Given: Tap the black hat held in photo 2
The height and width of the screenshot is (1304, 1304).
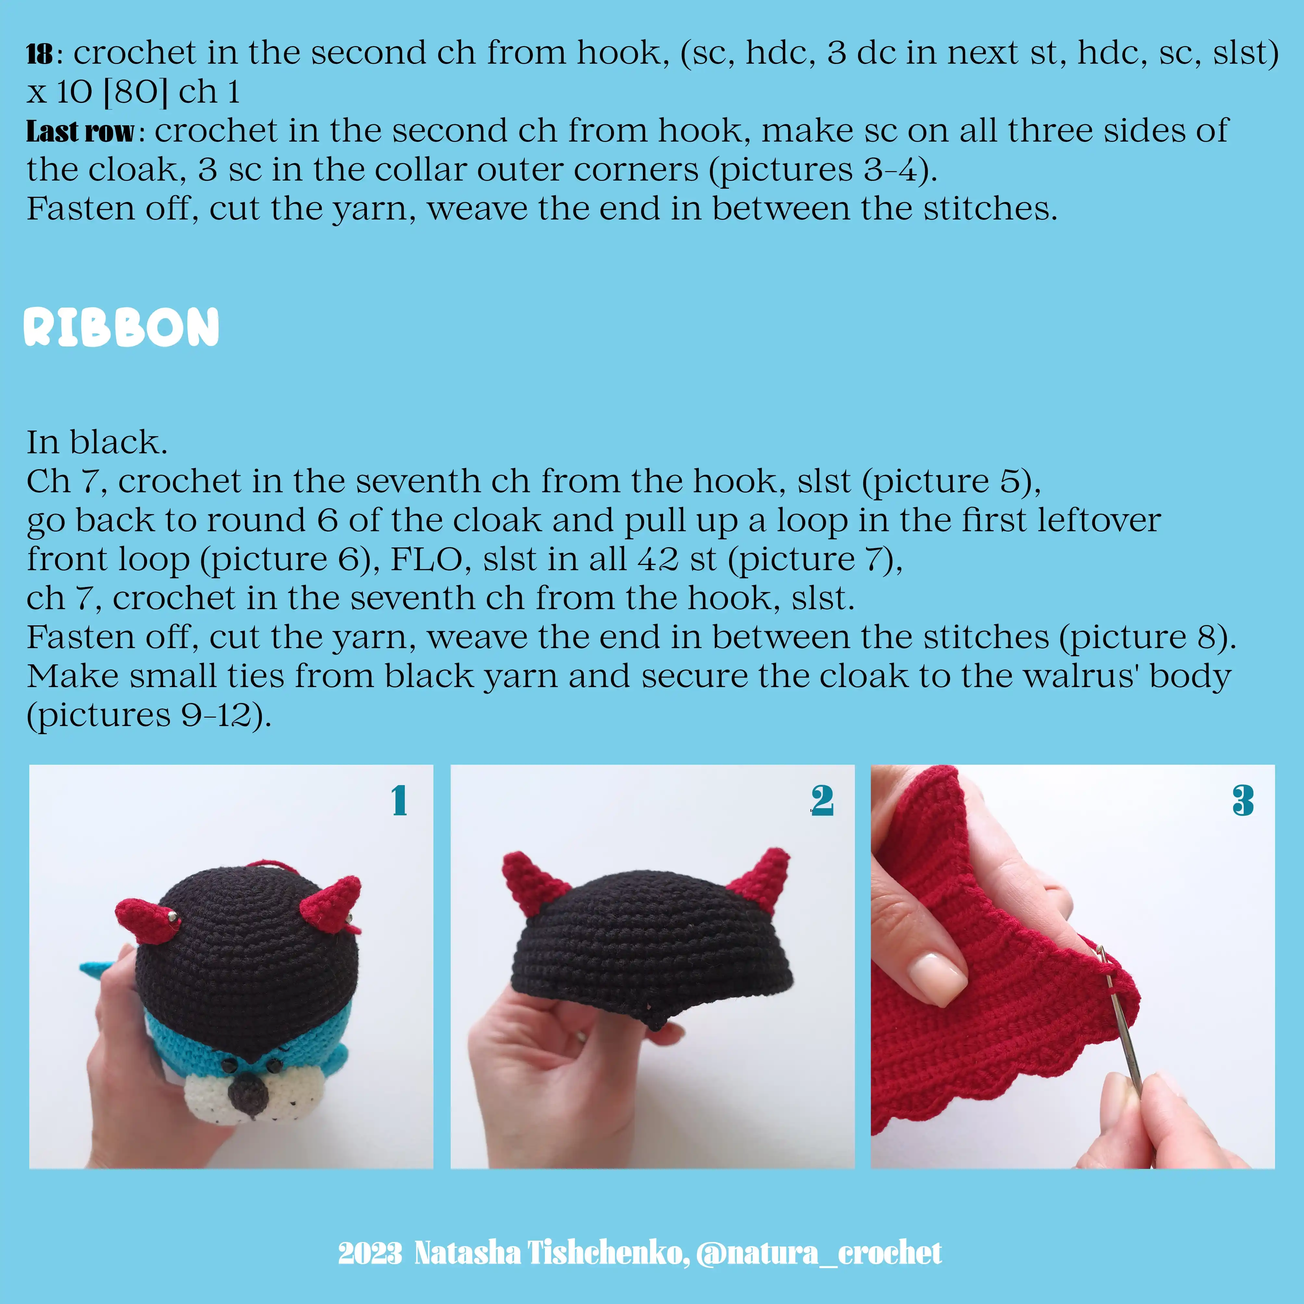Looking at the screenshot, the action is pos(651,945).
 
